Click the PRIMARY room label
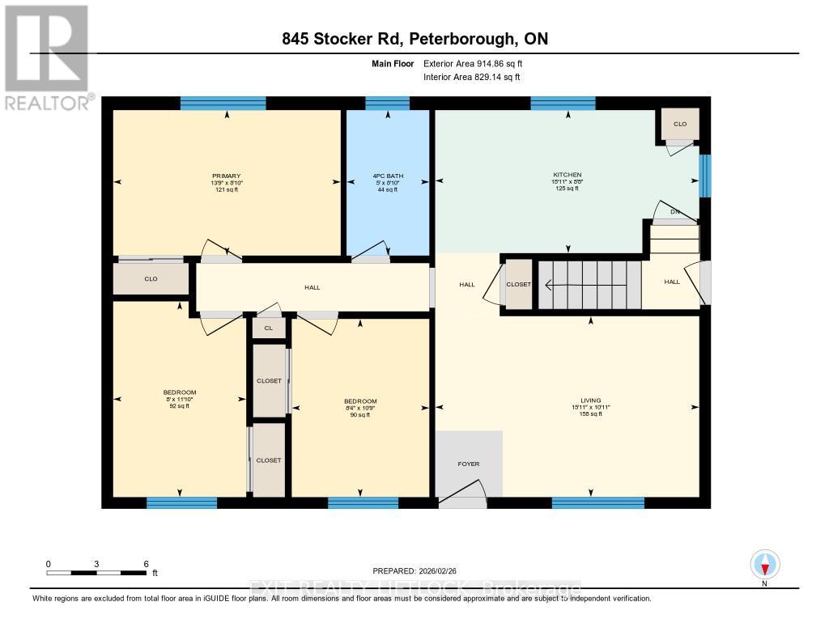click(x=226, y=176)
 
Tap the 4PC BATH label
click(x=388, y=176)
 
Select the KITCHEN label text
click(x=567, y=175)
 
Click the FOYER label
click(x=468, y=464)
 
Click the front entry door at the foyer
click(x=461, y=495)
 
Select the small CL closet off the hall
click(x=269, y=328)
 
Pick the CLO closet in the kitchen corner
click(x=679, y=124)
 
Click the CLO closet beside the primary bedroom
click(x=151, y=279)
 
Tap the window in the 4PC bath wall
click(x=387, y=103)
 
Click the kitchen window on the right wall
click(x=704, y=176)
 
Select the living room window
click(x=597, y=502)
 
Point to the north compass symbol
click(x=764, y=564)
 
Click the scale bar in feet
click(x=96, y=572)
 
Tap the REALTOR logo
click(x=46, y=57)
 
